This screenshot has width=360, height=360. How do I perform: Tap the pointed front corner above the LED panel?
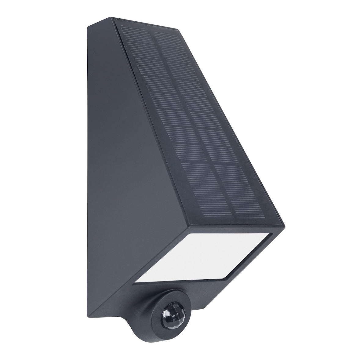[284, 227]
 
